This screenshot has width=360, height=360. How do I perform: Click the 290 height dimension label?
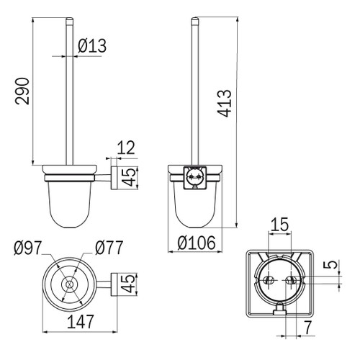22,91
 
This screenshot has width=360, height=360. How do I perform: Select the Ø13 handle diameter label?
92,45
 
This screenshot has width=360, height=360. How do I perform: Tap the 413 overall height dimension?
224,103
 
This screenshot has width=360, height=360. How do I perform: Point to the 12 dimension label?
126,148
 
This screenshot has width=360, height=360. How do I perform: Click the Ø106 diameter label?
197,243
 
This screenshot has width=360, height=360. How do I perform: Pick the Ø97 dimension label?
28,248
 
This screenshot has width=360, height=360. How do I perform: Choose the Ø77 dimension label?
109,248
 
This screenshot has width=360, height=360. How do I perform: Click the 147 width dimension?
80,322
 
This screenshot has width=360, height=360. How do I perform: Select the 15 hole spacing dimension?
279,225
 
